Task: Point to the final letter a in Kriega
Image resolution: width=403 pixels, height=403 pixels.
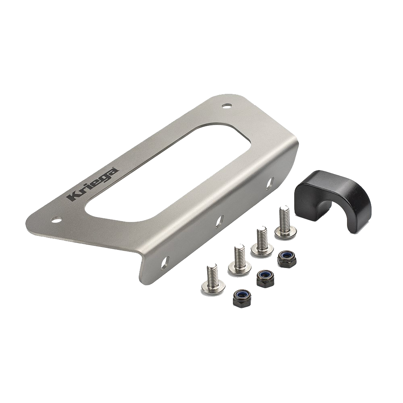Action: tap(115, 171)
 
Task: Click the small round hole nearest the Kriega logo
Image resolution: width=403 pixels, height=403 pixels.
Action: tap(57, 219)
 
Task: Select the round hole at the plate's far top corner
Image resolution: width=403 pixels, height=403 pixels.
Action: tap(226, 105)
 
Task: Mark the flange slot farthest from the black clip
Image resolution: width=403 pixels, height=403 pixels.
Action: tap(164, 263)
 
